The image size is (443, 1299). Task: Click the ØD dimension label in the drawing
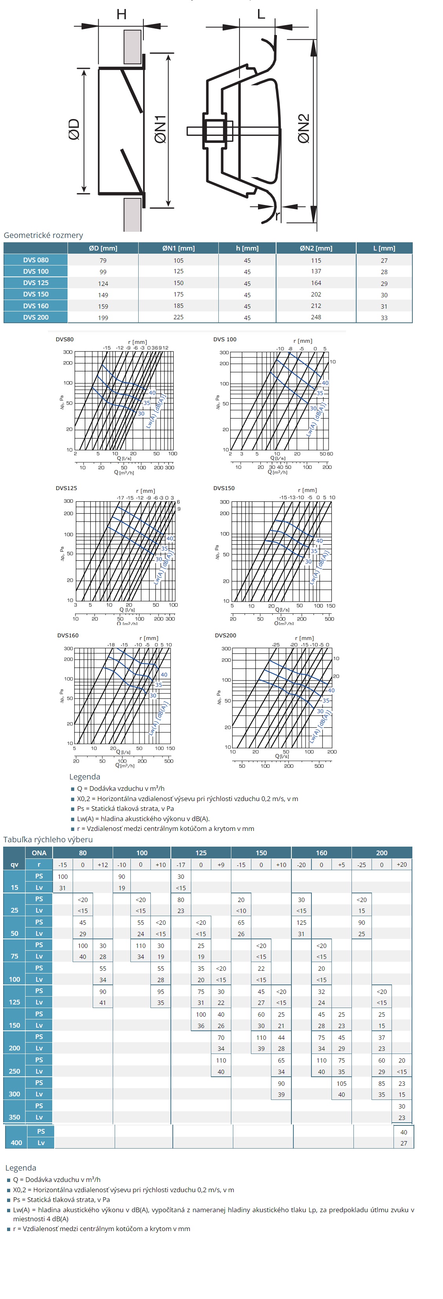point(74,129)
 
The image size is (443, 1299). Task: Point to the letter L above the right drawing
point(261,14)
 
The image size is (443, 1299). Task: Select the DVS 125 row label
point(36,283)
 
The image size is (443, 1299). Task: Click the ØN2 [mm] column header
point(316,248)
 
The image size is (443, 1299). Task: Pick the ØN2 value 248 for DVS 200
point(316,317)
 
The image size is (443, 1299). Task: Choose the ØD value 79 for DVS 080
point(103,260)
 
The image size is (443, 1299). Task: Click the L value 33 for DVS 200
point(384,318)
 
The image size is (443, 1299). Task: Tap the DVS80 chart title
point(64,339)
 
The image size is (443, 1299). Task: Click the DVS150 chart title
point(224,488)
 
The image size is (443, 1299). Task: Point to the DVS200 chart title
point(225,635)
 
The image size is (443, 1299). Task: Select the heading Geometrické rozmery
point(43,235)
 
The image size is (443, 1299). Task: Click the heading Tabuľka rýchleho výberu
point(48,840)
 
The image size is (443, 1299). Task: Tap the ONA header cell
point(39,853)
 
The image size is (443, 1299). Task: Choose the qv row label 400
point(16,1143)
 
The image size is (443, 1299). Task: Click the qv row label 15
point(14,887)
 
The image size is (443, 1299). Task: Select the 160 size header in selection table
point(321,853)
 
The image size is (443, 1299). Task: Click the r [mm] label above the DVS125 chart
point(145,490)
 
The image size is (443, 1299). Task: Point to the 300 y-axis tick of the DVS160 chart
point(68,648)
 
